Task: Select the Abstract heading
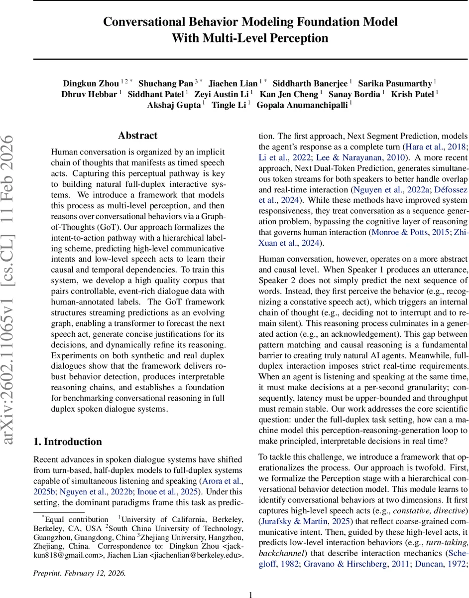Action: [137, 136]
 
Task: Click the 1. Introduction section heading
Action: [67, 442]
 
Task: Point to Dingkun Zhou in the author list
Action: [91, 83]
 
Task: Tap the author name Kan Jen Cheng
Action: [291, 94]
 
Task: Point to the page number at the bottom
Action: [251, 591]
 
